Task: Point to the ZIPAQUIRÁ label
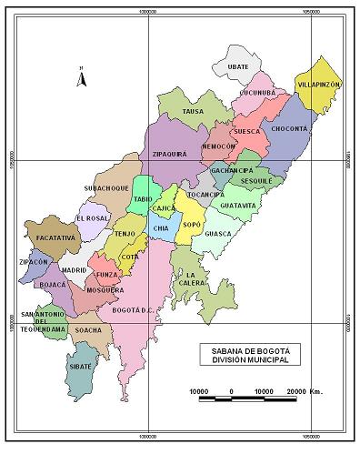pyautogui.click(x=170, y=154)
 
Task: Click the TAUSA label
pyautogui.click(x=194, y=111)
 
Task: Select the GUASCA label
pyautogui.click(x=219, y=234)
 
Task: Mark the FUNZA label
pyautogui.click(x=107, y=274)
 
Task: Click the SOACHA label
pyautogui.click(x=88, y=330)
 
